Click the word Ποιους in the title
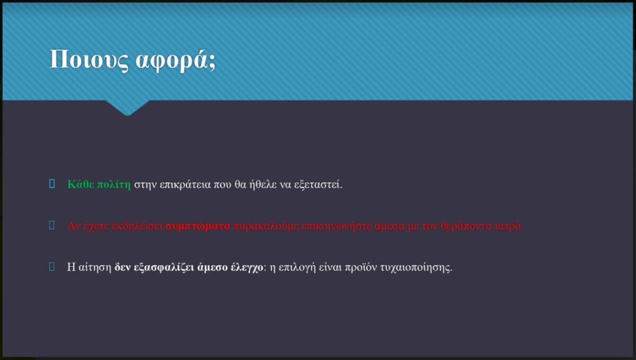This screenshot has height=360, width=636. [x=89, y=60]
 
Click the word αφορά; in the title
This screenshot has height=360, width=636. [x=176, y=60]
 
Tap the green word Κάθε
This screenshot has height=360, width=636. [x=81, y=185]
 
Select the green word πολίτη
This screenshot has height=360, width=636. [x=114, y=185]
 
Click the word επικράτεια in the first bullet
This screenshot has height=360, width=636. [x=185, y=185]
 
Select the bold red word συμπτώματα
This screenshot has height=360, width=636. [x=198, y=226]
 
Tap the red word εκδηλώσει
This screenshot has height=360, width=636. [x=137, y=226]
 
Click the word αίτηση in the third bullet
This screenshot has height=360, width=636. [x=95, y=268]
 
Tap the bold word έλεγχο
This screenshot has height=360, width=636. [x=247, y=268]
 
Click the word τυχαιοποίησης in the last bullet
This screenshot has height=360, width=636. [x=416, y=268]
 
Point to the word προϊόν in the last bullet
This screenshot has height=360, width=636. [x=361, y=268]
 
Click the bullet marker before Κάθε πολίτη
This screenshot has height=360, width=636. [x=52, y=184]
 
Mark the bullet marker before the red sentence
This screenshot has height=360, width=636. [x=52, y=225]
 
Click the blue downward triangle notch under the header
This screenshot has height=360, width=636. [x=128, y=108]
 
